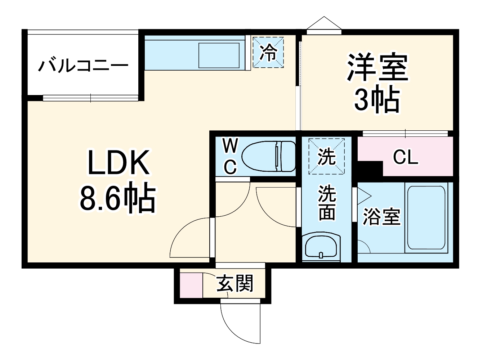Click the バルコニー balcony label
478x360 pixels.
83,66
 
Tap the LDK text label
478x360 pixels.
119,163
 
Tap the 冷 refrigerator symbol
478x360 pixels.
268,52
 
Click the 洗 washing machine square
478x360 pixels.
326,156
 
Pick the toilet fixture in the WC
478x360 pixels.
268,157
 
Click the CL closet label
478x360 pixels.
406,157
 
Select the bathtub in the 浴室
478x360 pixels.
426,217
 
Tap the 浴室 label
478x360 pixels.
381,217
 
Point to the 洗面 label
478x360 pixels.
327,202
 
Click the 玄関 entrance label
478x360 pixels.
235,284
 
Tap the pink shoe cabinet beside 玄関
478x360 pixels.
191,285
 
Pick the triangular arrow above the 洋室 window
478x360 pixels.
324,23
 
